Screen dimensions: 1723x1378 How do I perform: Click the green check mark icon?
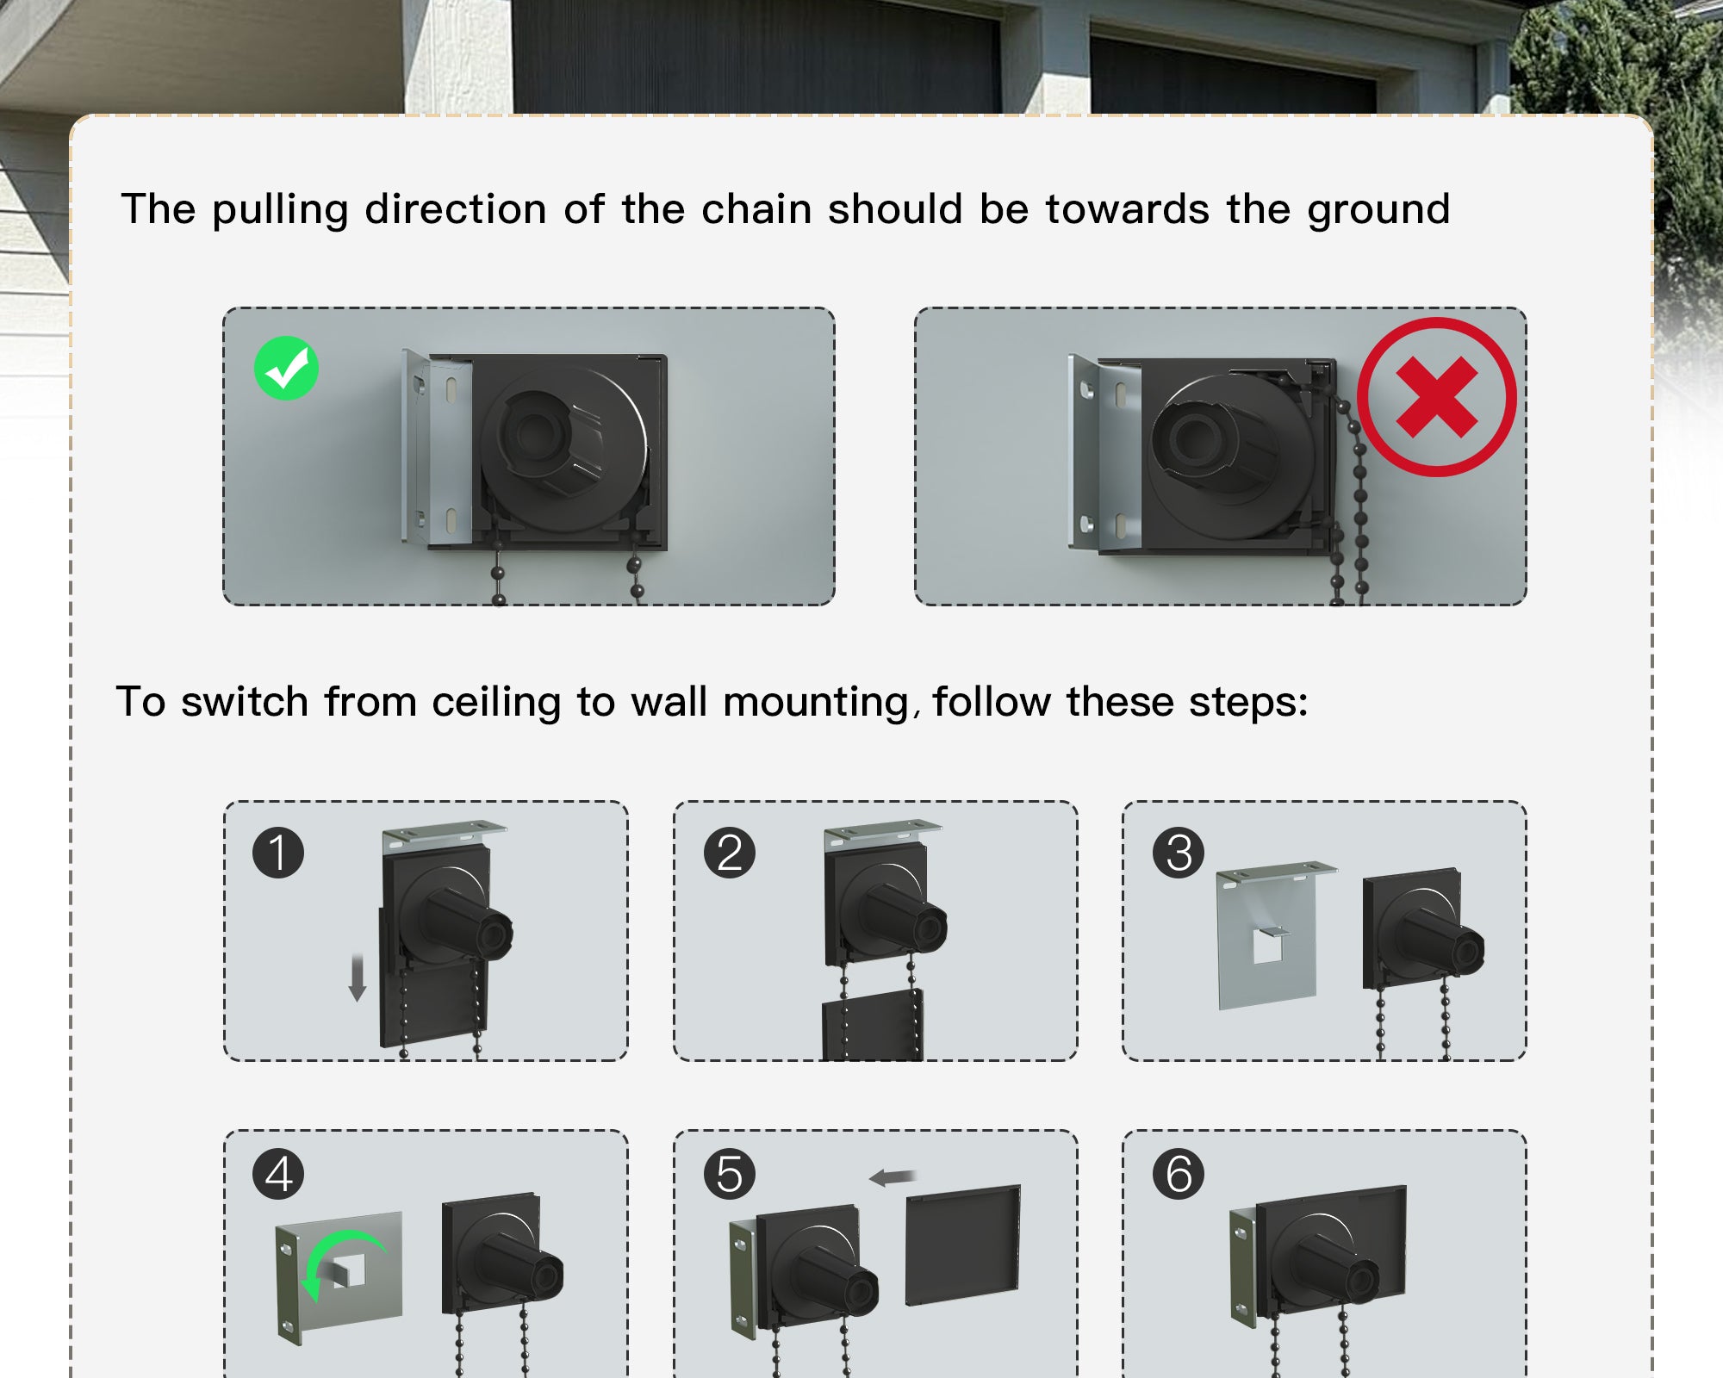tap(286, 368)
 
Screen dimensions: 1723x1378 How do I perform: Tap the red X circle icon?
tap(1436, 397)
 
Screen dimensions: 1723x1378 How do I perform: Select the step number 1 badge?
tap(278, 853)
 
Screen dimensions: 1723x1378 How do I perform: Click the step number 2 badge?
tap(729, 853)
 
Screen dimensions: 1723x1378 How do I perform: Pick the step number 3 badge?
tap(1179, 853)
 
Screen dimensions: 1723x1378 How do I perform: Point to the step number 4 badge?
tap(278, 1174)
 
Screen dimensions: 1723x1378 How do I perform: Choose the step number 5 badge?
tap(729, 1174)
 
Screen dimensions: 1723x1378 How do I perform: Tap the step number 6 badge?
tap(1179, 1174)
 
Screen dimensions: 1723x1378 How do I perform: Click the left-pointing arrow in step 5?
tap(893, 1177)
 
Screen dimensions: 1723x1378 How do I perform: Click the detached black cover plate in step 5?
tap(963, 1245)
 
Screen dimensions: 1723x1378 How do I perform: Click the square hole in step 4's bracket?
tap(347, 1270)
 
